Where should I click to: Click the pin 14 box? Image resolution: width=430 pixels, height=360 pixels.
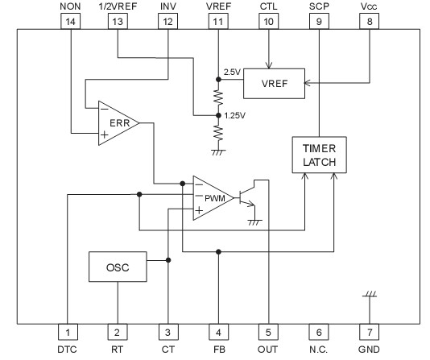(x=70, y=23)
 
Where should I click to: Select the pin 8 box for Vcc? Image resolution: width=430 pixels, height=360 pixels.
(x=369, y=23)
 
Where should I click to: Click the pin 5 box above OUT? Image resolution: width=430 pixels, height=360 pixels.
(x=268, y=331)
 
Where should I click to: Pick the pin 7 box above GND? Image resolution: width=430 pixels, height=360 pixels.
(x=369, y=331)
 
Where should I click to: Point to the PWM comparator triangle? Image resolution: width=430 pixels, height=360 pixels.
(x=212, y=197)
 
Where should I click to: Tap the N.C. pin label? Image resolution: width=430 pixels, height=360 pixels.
(x=319, y=350)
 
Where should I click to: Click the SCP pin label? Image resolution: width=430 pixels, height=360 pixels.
(x=319, y=6)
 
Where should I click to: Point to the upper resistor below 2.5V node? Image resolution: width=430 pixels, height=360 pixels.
(x=217, y=97)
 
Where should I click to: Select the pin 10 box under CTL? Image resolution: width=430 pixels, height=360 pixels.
(x=269, y=23)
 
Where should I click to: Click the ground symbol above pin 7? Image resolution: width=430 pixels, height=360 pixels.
(x=369, y=297)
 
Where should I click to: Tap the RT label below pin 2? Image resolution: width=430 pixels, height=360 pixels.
(x=118, y=350)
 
